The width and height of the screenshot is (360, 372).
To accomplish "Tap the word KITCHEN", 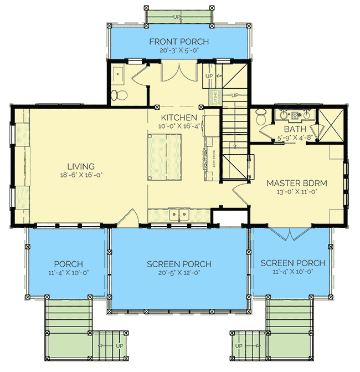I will tap(178, 118).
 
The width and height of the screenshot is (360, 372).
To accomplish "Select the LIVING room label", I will tap(81, 166).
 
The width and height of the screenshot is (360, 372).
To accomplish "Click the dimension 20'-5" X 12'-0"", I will tap(179, 273).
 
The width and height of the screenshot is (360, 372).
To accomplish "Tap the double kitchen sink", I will tap(179, 214).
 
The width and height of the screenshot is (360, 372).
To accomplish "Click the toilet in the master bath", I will tap(262, 116).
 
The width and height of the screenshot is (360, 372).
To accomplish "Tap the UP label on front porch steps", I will tap(177, 17).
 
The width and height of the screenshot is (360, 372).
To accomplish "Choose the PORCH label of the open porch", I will tap(68, 264).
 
